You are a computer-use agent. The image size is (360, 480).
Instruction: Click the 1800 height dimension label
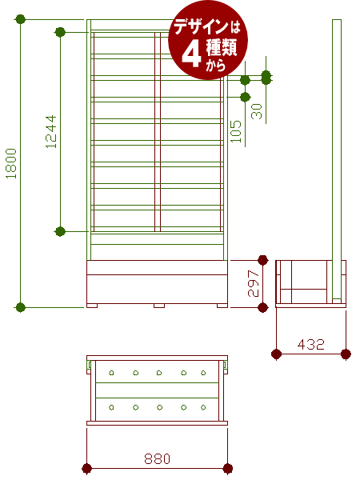pyautogui.click(x=11, y=163)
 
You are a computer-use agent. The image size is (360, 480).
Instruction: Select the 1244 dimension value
pyautogui.click(x=51, y=132)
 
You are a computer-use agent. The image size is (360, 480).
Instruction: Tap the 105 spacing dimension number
pyautogui.click(x=236, y=131)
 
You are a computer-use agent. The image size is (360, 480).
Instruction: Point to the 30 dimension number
pyautogui.click(x=257, y=111)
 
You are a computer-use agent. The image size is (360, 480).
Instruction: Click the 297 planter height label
pyautogui.click(x=254, y=283)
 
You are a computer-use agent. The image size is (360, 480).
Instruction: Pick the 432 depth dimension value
pyautogui.click(x=310, y=344)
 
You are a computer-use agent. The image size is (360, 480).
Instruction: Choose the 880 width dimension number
pyautogui.click(x=157, y=458)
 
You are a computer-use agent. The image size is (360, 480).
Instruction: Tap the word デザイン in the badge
pyautogui.click(x=201, y=27)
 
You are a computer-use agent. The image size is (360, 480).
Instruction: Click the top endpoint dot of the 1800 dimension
pyautogui.click(x=20, y=19)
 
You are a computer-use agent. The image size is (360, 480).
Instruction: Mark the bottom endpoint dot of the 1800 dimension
pyautogui.click(x=20, y=307)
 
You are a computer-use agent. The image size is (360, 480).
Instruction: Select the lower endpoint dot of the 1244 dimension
pyautogui.click(x=60, y=231)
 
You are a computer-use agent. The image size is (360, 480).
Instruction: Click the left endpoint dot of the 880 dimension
pyautogui.click(x=87, y=468)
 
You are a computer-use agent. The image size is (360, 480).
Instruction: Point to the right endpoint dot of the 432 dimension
pyautogui.click(x=346, y=354)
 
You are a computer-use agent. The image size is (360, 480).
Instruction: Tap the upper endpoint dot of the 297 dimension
pyautogui.click(x=263, y=260)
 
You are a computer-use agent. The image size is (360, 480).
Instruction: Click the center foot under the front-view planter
pyautogui.click(x=159, y=306)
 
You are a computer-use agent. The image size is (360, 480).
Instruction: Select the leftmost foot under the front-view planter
pyautogui.click(x=92, y=306)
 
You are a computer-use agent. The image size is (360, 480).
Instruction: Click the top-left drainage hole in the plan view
pyautogui.click(x=111, y=373)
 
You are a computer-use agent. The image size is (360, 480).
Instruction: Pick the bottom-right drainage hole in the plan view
pyautogui.click(x=203, y=407)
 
